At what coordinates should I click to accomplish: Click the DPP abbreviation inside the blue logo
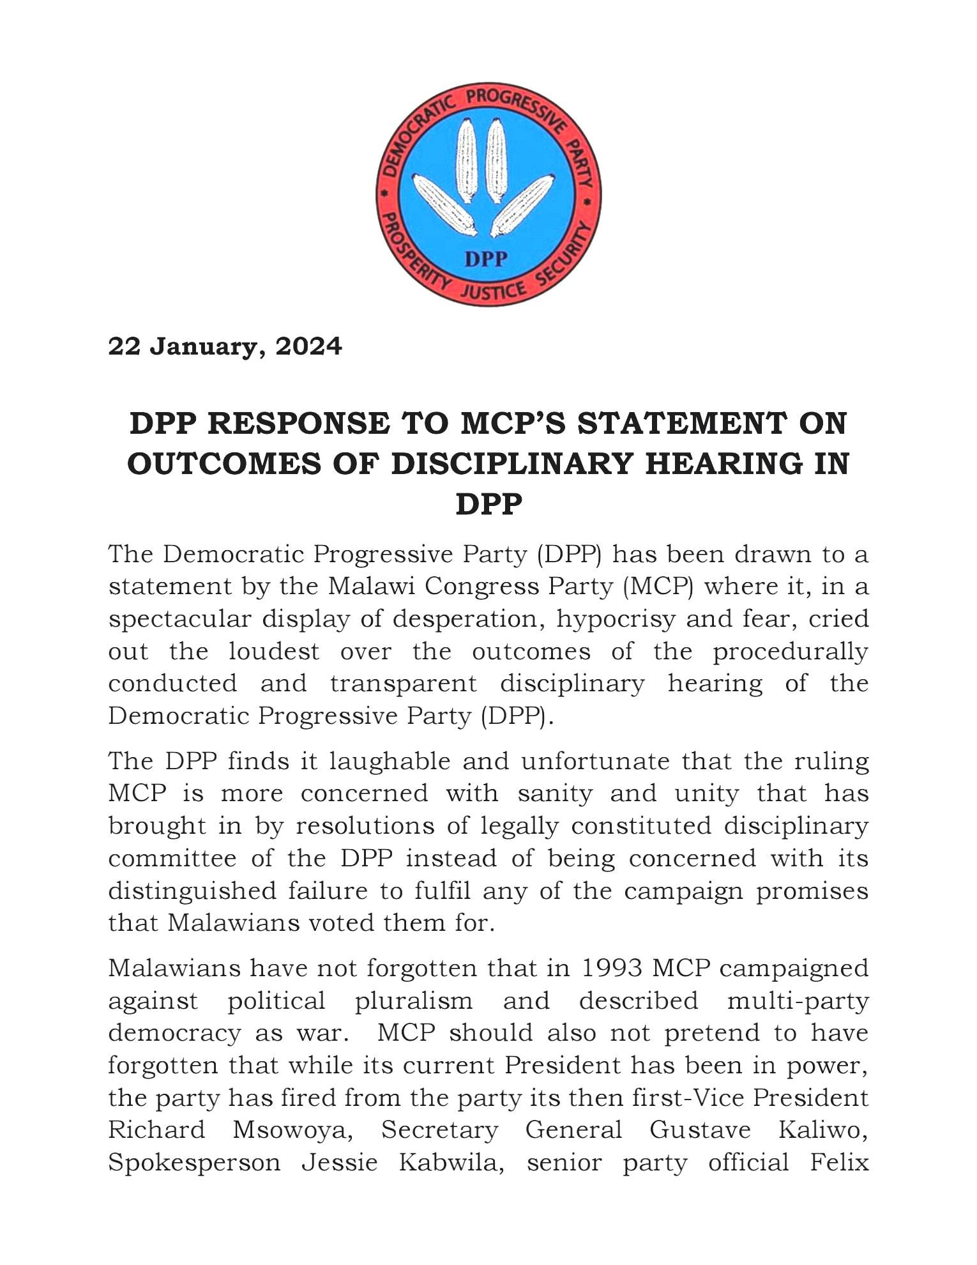point(487,258)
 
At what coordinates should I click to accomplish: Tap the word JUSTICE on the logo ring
point(494,291)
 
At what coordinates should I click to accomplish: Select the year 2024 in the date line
point(308,346)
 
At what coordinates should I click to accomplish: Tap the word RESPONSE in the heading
point(298,424)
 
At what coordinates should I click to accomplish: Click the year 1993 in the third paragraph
point(612,968)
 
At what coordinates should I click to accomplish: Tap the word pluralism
point(414,1000)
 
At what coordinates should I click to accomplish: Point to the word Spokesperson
point(194,1162)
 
